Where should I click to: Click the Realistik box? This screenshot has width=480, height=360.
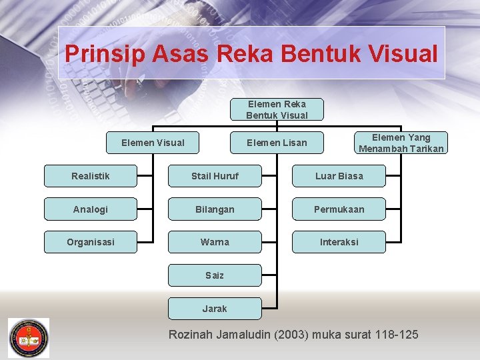tap(91, 176)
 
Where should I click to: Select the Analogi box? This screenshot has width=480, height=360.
tap(91, 209)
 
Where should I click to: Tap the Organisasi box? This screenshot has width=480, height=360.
tap(91, 242)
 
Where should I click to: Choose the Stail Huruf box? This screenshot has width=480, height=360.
tap(215, 176)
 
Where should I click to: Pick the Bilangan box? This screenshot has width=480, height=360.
tap(215, 209)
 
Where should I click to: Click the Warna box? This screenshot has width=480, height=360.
tap(215, 242)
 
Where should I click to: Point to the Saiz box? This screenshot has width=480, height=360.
tap(215, 275)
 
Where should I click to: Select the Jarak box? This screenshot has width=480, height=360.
tap(215, 309)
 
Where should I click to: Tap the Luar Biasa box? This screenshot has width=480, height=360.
tap(339, 176)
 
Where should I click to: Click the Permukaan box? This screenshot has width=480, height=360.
tap(339, 209)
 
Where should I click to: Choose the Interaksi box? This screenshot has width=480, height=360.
tap(339, 242)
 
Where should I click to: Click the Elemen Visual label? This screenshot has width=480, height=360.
tap(153, 142)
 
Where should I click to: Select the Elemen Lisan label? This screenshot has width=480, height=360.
tap(277, 143)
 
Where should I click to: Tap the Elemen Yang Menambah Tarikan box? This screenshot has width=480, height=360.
tap(401, 143)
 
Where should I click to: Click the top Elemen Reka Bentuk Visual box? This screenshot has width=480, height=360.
tap(277, 109)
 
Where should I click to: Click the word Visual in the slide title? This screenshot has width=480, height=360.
tap(402, 53)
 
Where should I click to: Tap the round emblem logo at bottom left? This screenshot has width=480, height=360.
tap(28, 337)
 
